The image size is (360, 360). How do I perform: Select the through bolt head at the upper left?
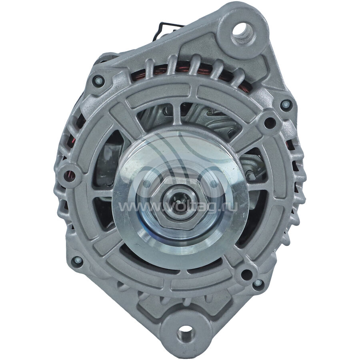click(x=98, y=81)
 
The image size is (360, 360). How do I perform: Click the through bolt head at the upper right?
click(x=286, y=104)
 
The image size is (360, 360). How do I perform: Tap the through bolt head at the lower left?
click(x=77, y=260)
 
